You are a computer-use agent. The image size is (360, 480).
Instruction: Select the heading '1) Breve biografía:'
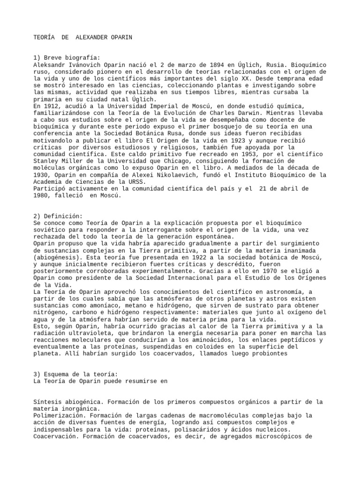[x=67, y=58]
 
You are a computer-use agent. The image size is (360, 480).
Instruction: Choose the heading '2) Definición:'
[x=58, y=217]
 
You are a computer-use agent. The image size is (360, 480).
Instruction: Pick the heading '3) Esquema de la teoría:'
[x=75, y=374]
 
